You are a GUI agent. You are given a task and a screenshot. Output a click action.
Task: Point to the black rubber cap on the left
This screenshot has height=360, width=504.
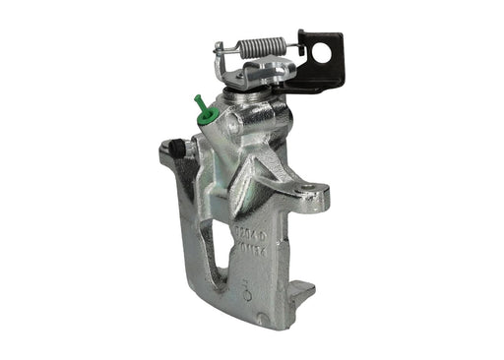(x=178, y=148)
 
